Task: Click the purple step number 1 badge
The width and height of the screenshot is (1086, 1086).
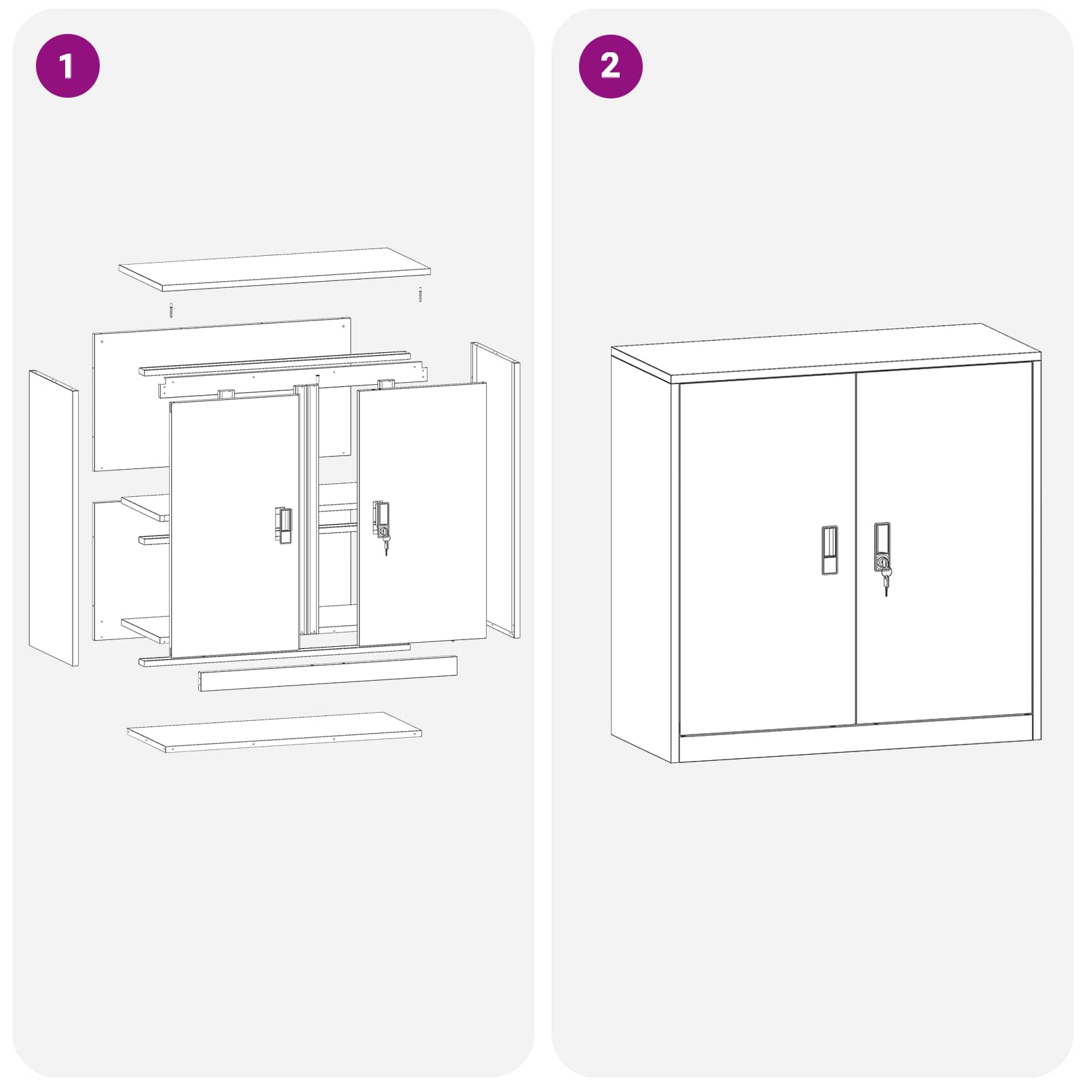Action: [x=67, y=66]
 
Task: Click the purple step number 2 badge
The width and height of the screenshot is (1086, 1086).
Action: [x=610, y=66]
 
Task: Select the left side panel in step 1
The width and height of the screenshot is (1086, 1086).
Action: [x=53, y=517]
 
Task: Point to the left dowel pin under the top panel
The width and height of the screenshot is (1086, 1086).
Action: [x=171, y=310]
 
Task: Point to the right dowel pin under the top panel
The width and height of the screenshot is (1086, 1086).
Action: [x=420, y=295]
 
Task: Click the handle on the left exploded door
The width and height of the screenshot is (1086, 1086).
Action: [x=284, y=525]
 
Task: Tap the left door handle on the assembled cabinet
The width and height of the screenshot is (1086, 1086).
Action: [x=829, y=550]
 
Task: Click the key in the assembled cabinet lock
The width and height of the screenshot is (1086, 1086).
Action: [x=886, y=582]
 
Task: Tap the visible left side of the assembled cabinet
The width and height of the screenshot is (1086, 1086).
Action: [x=641, y=557]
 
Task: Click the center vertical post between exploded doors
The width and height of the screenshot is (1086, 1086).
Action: [x=310, y=509]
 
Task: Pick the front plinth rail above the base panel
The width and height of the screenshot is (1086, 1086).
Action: [x=327, y=673]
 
